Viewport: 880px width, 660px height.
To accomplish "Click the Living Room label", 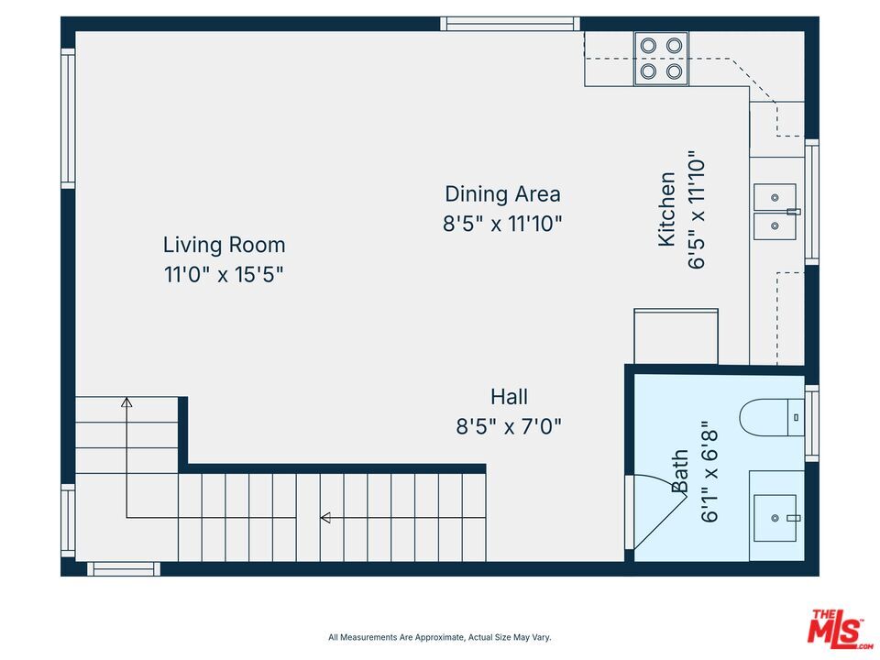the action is click(224, 246).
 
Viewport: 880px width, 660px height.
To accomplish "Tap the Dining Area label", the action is click(502, 194).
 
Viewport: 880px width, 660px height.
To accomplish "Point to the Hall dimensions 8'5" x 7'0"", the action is click(509, 426).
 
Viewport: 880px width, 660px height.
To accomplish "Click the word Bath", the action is click(679, 471).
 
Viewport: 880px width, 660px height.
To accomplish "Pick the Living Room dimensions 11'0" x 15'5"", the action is click(224, 275).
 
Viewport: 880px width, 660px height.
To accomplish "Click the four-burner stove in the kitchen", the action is click(661, 59).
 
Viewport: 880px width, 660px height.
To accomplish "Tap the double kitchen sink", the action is click(775, 212).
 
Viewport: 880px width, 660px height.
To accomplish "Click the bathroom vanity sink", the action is click(775, 518).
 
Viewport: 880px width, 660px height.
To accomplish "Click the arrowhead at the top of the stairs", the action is click(126, 401).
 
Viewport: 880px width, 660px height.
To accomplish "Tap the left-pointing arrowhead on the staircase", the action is click(324, 517).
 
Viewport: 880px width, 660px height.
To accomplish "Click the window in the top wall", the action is click(511, 24).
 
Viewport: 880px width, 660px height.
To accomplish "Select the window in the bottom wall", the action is click(124, 569).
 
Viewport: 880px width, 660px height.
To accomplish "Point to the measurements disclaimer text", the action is click(440, 637).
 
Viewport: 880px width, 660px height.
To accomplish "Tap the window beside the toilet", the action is click(811, 423).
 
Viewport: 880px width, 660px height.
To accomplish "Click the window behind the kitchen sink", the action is click(811, 202).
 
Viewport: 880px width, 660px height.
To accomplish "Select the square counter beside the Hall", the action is click(676, 336).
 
